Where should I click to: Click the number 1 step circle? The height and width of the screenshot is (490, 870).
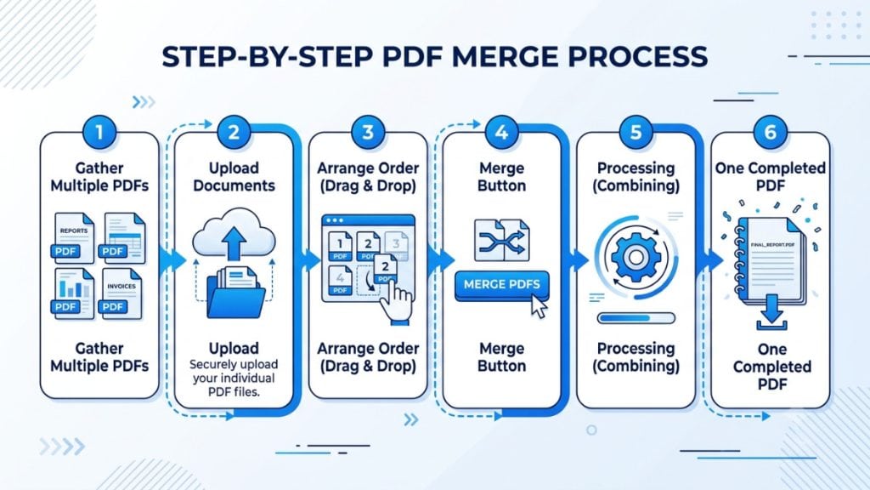click(99, 132)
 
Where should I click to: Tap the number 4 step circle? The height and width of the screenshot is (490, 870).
click(501, 132)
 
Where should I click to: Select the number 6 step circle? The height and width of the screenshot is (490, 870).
click(770, 132)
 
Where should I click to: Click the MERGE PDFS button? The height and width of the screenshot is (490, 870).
click(501, 285)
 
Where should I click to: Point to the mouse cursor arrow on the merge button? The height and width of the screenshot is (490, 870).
click(538, 306)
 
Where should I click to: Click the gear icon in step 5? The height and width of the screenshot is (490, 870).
click(636, 257)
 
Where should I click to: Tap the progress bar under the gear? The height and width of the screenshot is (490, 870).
click(636, 318)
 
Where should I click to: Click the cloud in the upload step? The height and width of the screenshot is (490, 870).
click(234, 233)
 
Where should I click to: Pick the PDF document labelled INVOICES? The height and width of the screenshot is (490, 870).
click(121, 293)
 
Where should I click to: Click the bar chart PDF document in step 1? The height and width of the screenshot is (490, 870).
click(74, 293)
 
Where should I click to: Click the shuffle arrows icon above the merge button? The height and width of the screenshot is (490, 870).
click(501, 240)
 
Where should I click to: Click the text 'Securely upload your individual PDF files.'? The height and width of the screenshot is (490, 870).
click(234, 378)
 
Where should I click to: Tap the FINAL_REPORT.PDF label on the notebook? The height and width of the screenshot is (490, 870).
click(771, 244)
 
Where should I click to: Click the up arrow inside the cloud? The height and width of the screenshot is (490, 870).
click(234, 242)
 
